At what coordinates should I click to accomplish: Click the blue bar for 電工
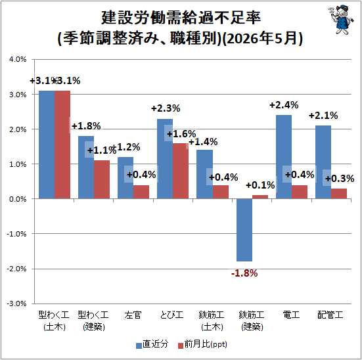[x=284, y=157]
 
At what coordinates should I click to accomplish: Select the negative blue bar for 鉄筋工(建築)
[x=244, y=230]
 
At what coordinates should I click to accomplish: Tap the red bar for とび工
[x=181, y=171]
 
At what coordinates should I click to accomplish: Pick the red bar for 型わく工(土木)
[x=62, y=145]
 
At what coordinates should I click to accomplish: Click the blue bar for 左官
[x=125, y=178]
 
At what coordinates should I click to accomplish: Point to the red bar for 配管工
[x=339, y=194]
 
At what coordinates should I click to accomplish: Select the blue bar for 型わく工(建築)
[x=86, y=167]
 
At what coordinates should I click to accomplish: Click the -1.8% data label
[x=244, y=273]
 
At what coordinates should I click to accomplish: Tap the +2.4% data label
[x=284, y=105]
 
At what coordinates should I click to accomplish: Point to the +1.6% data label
[x=181, y=134]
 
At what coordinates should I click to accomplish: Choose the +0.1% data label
[x=260, y=185]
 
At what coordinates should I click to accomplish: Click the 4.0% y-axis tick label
[x=18, y=59]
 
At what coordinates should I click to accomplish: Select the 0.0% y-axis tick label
[x=18, y=199]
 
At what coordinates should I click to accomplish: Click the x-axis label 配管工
[x=330, y=315]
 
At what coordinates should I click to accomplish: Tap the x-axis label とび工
[x=171, y=315]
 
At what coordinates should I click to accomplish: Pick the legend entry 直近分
[x=152, y=344]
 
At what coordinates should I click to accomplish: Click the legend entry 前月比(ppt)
[x=203, y=344]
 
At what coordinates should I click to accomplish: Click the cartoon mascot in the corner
[x=340, y=20]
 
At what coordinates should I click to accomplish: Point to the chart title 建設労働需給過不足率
[x=181, y=18]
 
